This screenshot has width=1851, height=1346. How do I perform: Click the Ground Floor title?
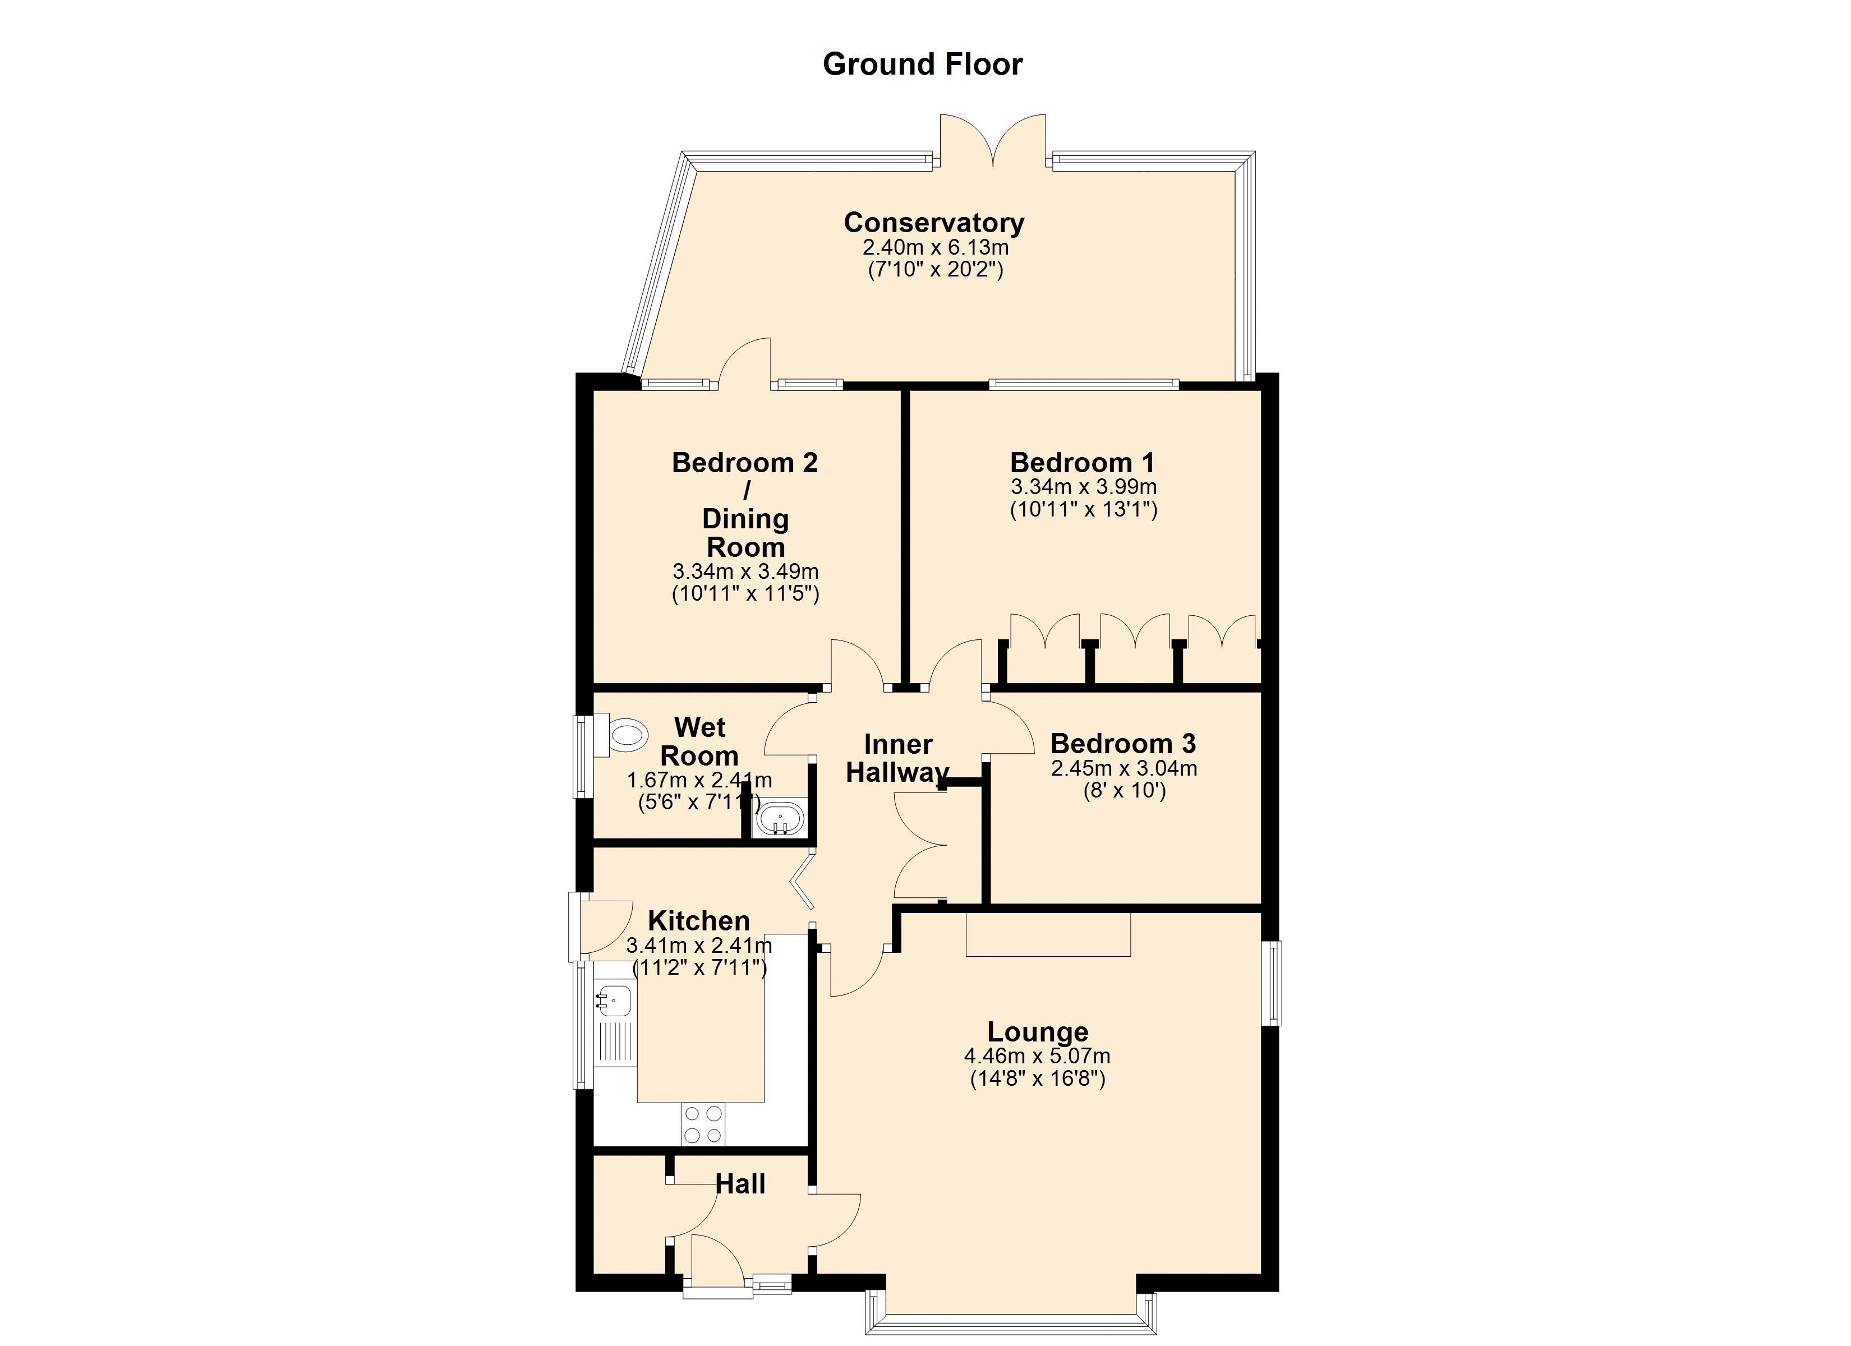(x=922, y=64)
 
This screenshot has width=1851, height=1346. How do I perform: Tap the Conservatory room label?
(x=934, y=222)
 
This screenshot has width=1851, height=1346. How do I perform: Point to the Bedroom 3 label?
(x=1123, y=744)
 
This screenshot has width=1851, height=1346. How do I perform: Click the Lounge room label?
(x=1037, y=1032)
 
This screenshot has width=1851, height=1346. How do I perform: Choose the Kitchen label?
(x=699, y=921)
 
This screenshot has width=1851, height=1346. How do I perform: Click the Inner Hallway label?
(x=898, y=758)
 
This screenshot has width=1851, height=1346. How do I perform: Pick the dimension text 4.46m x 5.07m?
(x=1037, y=1056)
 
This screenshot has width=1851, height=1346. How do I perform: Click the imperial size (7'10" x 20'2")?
(x=935, y=269)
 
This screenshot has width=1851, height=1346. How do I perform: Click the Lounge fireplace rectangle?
(x=1048, y=934)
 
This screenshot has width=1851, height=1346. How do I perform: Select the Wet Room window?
(x=583, y=757)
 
